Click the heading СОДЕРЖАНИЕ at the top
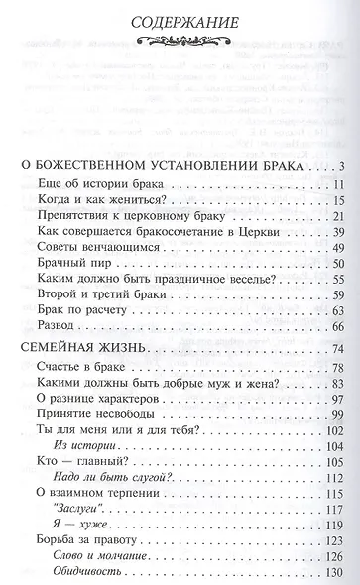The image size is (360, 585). (x=179, y=20)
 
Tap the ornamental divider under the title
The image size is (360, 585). (x=179, y=41)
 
